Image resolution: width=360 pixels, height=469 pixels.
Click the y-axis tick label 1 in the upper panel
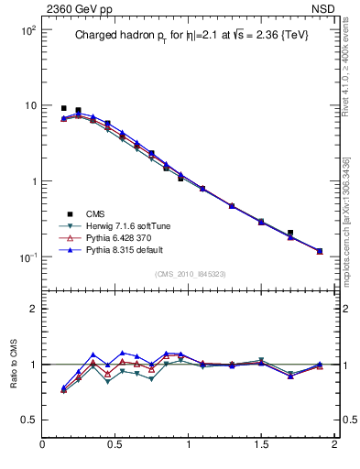click(x=33, y=181)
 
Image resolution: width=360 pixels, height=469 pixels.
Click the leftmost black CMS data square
click(x=63, y=108)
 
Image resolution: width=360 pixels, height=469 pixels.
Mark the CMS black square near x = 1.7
click(x=290, y=234)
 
